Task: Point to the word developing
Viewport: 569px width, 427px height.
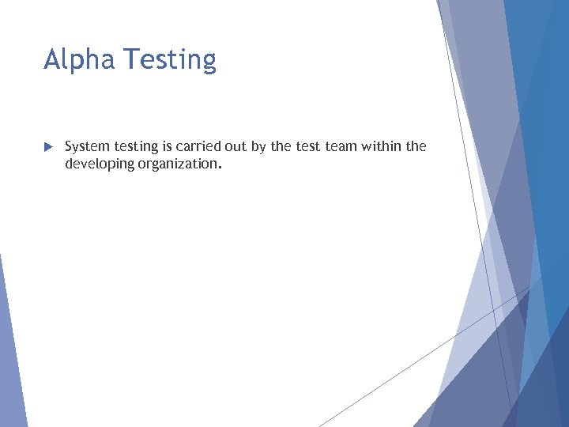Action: (94, 164)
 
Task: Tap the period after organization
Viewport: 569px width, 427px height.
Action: (219, 168)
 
